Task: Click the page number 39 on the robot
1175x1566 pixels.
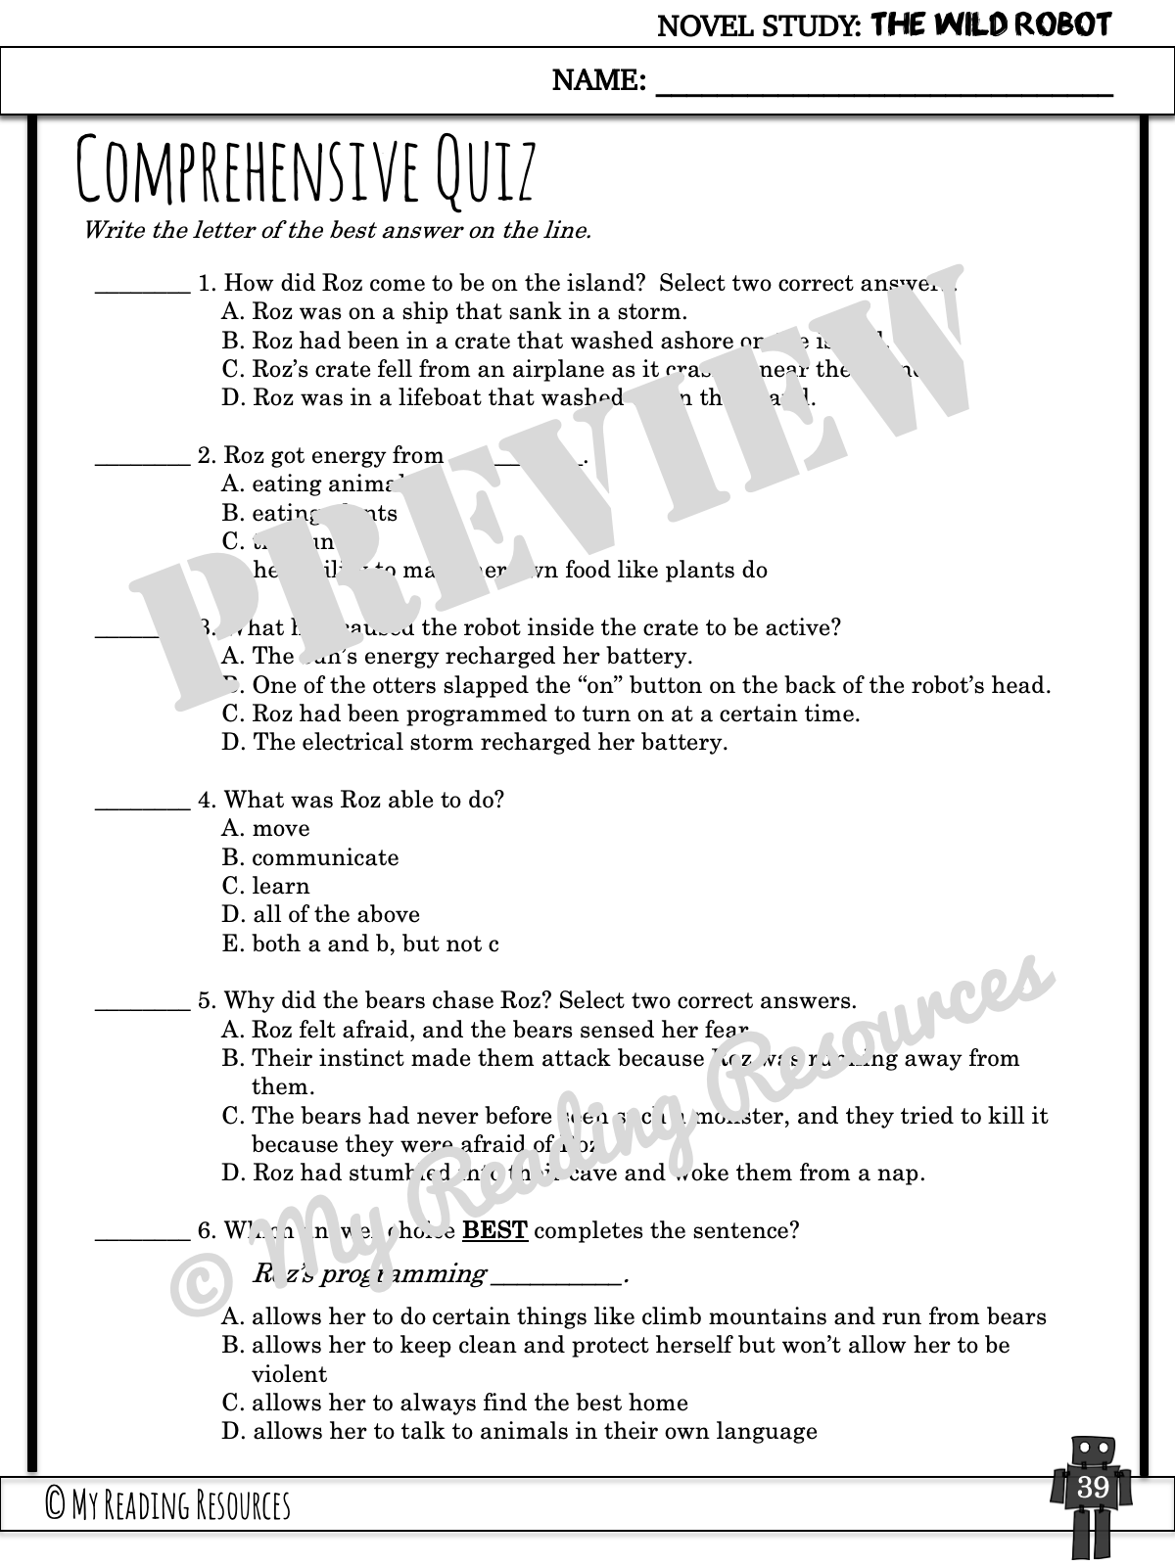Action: tap(1092, 1488)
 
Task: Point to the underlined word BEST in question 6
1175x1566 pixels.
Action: tap(494, 1230)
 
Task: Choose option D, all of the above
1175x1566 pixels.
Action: tap(321, 915)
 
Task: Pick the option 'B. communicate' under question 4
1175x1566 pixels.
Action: tap(310, 858)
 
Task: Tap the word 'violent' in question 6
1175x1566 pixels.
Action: tap(289, 1374)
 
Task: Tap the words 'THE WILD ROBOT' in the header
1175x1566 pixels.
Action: tap(991, 24)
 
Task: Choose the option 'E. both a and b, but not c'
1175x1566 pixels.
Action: tap(360, 944)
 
